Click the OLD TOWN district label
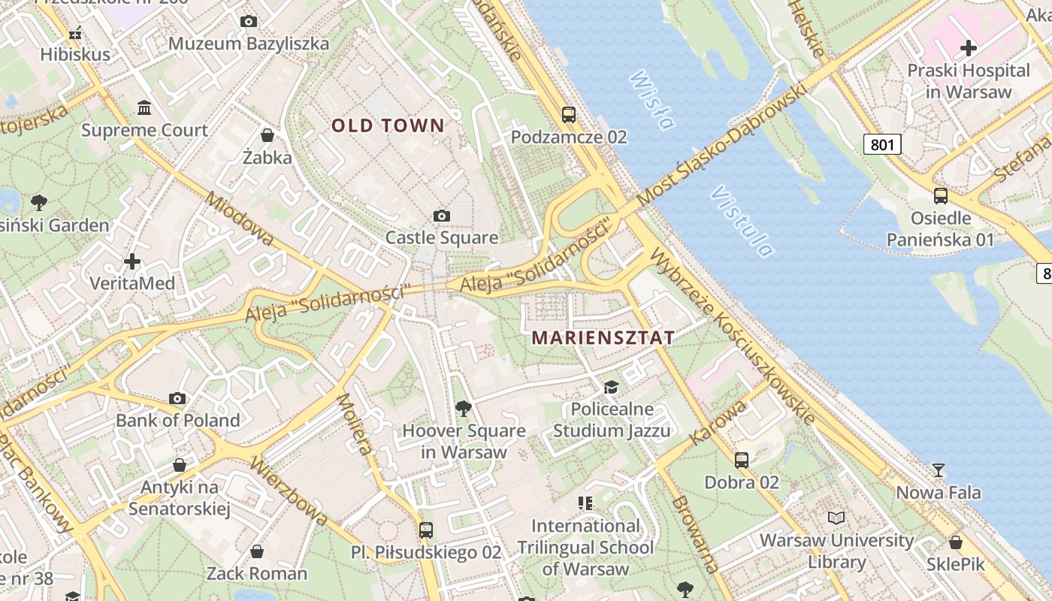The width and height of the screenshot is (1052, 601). (388, 125)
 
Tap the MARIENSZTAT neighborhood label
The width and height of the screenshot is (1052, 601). (603, 337)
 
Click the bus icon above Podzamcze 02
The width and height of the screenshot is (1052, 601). (569, 115)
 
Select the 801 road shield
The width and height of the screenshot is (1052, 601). (881, 143)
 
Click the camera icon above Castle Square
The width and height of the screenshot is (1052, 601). (442, 216)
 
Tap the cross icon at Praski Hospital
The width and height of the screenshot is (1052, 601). (969, 49)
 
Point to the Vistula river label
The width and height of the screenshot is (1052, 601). (741, 221)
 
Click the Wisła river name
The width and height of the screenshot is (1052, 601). (651, 99)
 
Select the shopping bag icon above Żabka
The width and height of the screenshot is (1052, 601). (267, 135)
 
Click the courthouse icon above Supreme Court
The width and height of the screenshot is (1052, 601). (144, 108)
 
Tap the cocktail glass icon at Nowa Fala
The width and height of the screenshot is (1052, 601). (938, 470)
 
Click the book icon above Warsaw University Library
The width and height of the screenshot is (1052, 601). (836, 518)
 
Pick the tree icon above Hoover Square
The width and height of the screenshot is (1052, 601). (464, 409)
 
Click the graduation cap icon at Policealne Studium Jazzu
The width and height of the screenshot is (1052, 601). (611, 387)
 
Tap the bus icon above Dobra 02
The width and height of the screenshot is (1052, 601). (742, 460)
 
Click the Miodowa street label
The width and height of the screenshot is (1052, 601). (240, 219)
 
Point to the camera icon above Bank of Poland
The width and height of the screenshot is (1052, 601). (177, 398)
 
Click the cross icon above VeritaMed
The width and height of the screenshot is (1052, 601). (132, 261)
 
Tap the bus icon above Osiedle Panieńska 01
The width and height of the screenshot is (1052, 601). (940, 196)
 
